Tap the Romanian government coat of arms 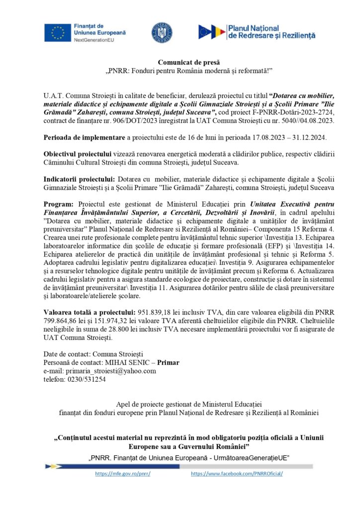[162, 32]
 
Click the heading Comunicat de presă [180, 62]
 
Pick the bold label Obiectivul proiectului [74, 151]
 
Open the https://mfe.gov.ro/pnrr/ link [122, 474]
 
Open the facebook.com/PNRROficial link [237, 474]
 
